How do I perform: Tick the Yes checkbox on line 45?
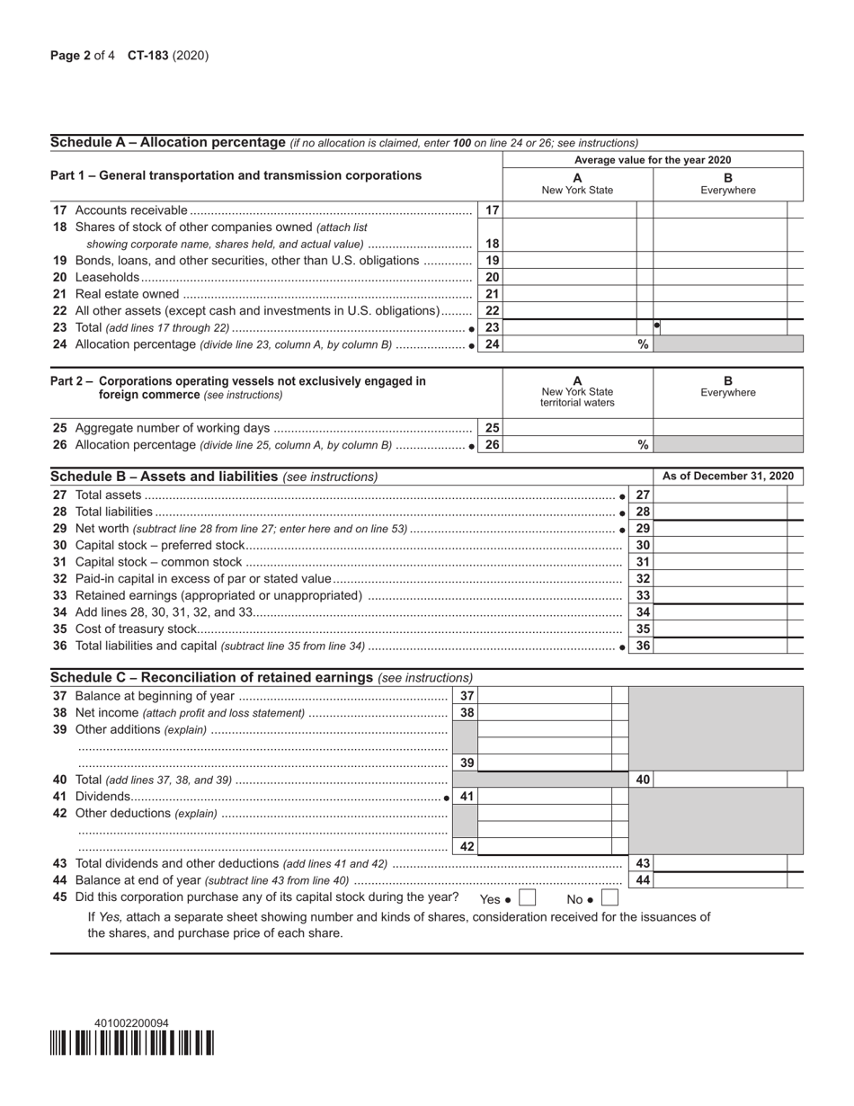[528, 897]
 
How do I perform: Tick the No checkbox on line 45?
[609, 897]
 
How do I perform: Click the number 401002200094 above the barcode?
[131, 1023]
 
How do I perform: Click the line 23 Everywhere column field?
[719, 327]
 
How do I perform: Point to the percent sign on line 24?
[643, 344]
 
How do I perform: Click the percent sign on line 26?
[643, 445]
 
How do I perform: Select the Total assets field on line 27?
[719, 495]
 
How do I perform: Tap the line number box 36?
[643, 646]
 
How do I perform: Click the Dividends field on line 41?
[546, 797]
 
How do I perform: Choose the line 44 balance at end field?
[719, 880]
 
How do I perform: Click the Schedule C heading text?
[212, 677]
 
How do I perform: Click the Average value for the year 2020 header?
[653, 160]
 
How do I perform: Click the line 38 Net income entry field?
[546, 713]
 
